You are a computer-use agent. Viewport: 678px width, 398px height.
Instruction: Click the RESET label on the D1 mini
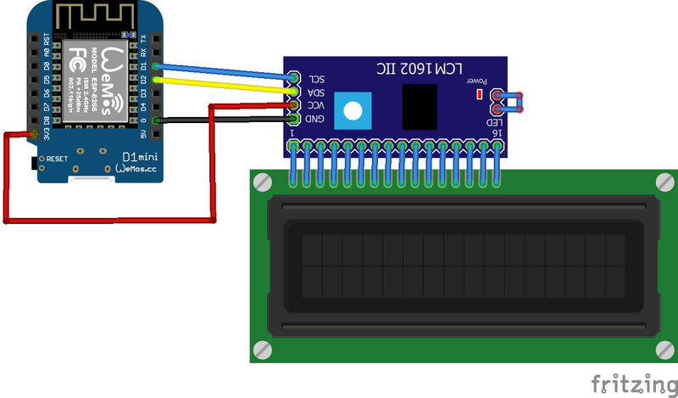point(57,159)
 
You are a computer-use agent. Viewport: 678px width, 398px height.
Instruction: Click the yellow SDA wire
point(229,85)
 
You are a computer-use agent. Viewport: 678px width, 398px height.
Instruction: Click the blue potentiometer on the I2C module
point(350,109)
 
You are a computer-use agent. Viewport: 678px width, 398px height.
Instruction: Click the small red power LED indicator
point(479,92)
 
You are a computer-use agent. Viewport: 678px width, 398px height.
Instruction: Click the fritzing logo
point(628,381)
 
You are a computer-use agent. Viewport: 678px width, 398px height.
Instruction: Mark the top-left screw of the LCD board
point(263,182)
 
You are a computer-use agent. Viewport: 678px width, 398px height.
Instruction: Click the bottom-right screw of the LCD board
point(664,349)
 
